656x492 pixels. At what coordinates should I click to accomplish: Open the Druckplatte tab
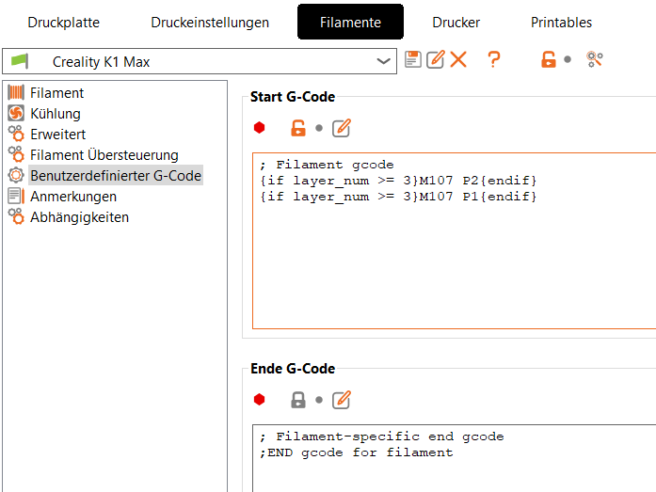64,23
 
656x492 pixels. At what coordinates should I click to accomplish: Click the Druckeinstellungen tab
210,23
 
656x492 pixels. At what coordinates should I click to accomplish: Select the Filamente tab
351,22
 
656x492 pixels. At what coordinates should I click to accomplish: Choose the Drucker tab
456,23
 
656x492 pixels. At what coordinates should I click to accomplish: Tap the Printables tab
562,23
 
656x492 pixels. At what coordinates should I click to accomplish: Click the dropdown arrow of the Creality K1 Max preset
383,61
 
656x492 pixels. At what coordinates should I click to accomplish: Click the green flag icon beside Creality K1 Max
20,61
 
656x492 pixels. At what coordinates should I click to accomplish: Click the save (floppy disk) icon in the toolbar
413,59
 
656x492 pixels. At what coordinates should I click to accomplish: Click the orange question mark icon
494,59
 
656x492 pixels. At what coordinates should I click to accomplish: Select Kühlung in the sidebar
56,114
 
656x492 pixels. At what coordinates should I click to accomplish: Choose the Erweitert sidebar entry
57,135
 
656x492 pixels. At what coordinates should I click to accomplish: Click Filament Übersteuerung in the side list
104,155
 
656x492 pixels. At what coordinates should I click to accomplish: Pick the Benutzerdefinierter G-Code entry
116,176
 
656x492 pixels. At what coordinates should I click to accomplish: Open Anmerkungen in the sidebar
73,197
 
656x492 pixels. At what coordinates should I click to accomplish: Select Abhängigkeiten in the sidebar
79,217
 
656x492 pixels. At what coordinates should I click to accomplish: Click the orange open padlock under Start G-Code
298,128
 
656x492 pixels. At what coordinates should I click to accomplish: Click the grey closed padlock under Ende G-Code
298,400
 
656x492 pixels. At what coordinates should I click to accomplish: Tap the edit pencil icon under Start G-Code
342,128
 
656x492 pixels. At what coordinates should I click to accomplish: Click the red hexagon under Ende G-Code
260,400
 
